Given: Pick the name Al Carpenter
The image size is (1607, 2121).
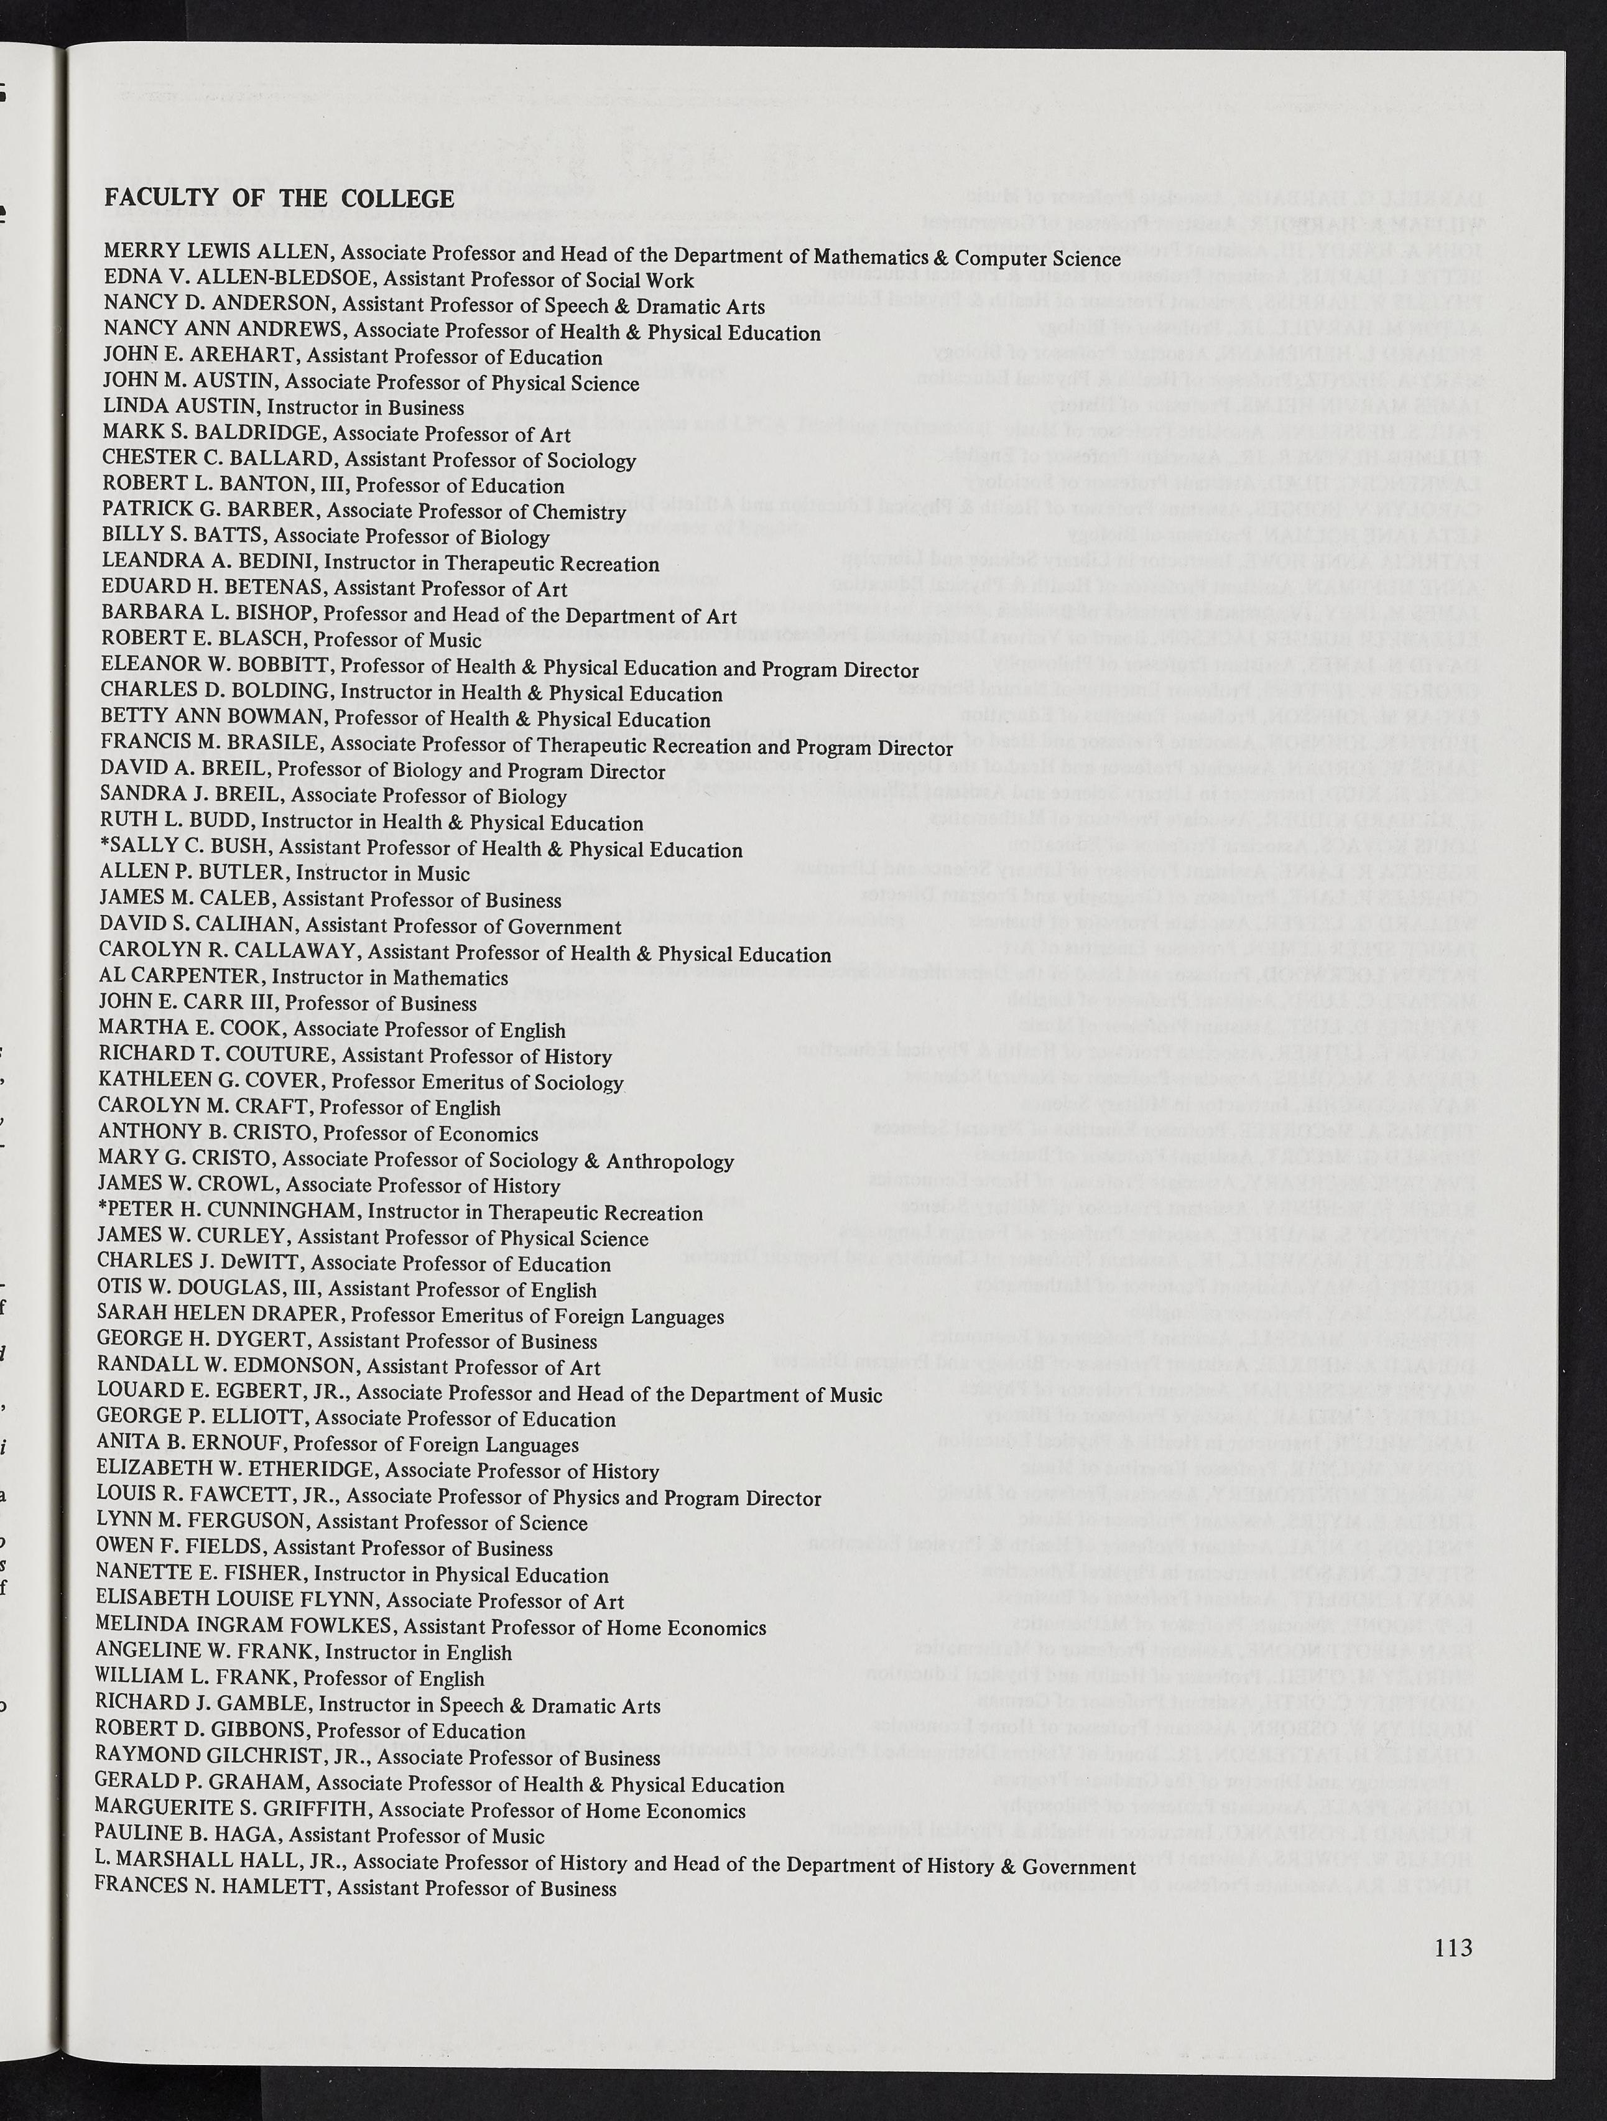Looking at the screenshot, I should [179, 976].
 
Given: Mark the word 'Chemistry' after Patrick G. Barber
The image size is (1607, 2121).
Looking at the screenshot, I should [578, 512].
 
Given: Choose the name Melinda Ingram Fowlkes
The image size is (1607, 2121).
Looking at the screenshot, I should [244, 1627].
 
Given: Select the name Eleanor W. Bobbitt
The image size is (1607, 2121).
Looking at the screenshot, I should [216, 666].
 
